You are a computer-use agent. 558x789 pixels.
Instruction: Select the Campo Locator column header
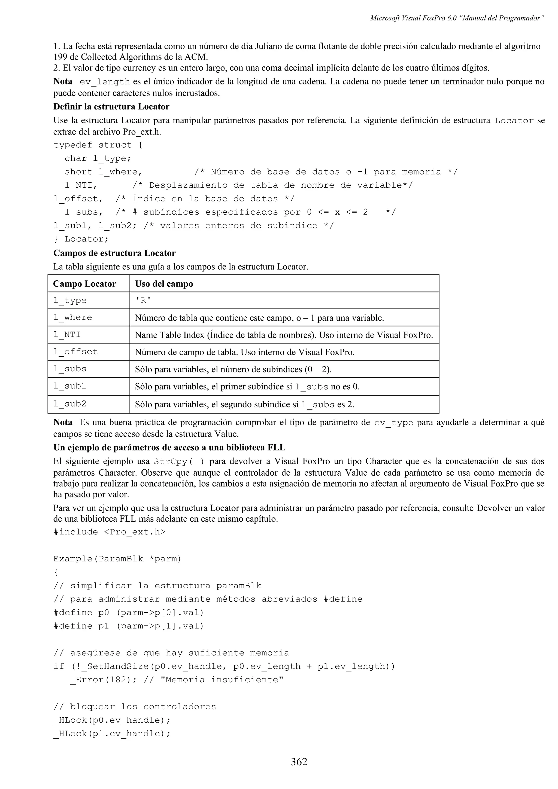point(84,284)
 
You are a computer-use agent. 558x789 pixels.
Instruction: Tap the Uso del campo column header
point(164,284)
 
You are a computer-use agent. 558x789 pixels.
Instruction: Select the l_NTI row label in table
point(67,335)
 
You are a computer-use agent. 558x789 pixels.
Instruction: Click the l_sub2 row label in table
point(70,404)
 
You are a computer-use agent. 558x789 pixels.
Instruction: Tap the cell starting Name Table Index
point(284,335)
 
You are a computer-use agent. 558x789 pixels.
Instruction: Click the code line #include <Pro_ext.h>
point(109,532)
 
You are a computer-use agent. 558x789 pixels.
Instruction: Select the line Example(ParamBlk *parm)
point(117,559)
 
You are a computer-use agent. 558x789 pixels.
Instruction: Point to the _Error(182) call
point(103,680)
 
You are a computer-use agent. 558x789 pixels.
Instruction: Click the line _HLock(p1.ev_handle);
point(112,733)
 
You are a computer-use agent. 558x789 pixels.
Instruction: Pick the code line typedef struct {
point(98,145)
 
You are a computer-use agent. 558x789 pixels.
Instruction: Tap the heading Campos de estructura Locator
point(114,253)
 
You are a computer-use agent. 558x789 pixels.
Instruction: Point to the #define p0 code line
point(129,612)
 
